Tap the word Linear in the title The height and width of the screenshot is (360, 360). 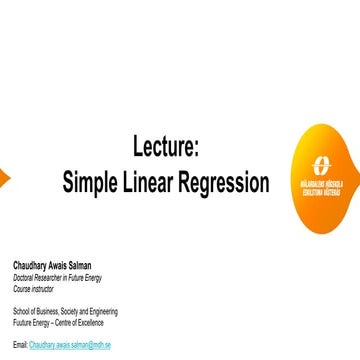point(158,183)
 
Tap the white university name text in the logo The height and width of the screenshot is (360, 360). point(327,187)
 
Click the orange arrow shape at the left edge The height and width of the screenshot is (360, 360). point(4,178)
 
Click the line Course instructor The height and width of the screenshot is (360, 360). point(31,288)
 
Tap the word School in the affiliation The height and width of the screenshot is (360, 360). point(21,311)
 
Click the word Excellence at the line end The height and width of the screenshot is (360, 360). point(97,321)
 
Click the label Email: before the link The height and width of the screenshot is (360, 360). point(19,344)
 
